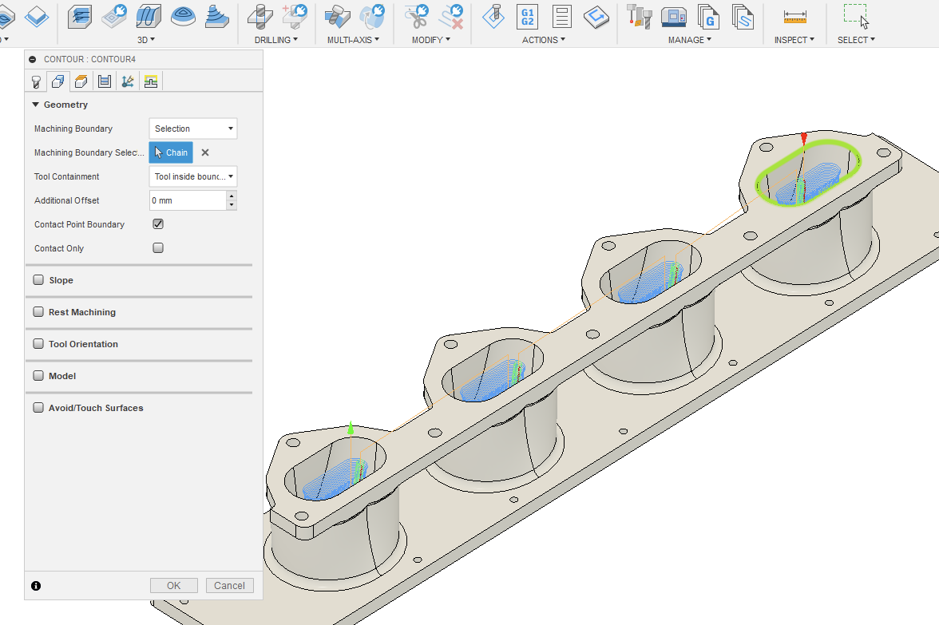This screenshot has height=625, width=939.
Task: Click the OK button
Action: (173, 585)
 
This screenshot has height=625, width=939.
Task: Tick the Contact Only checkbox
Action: (158, 248)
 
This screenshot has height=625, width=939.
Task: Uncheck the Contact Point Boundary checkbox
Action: (158, 224)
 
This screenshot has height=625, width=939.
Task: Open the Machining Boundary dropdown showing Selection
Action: (193, 129)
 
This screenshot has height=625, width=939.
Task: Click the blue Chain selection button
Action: (171, 152)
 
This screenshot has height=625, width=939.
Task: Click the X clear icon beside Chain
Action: (205, 152)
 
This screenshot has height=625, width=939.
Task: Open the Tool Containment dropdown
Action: (193, 176)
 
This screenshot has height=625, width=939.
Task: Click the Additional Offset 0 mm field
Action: (187, 200)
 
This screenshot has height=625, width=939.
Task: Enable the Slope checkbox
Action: (38, 280)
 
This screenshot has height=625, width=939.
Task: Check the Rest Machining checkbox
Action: (38, 312)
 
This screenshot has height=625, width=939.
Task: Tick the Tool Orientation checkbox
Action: (38, 344)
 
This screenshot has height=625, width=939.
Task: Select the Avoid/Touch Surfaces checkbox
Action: (38, 408)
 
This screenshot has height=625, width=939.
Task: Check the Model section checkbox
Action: (38, 376)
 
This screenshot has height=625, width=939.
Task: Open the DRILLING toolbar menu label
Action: (275, 40)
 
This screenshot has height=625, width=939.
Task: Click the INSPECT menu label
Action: (794, 40)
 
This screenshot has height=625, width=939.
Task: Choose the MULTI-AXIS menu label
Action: (353, 40)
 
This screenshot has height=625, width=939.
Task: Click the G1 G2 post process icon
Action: (527, 16)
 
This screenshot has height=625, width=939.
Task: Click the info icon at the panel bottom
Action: (36, 586)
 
